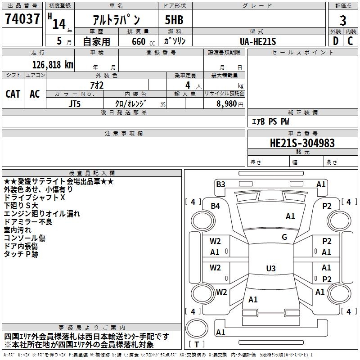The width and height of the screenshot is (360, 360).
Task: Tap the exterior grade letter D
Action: pyautogui.click(x=335, y=40)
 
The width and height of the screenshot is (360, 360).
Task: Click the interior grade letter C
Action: pyautogui.click(x=350, y=40)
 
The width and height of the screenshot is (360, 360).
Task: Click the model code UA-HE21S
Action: pyautogui.click(x=258, y=41)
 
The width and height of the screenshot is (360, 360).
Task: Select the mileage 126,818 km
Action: pyautogui.click(x=53, y=64)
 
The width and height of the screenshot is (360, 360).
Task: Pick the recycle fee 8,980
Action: pyautogui.click(x=227, y=103)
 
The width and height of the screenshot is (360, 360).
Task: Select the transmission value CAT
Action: pyautogui.click(x=13, y=94)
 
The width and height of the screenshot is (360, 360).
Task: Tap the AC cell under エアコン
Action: pyautogui.click(x=35, y=94)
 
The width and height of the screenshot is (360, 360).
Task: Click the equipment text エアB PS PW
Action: pyautogui.click(x=270, y=121)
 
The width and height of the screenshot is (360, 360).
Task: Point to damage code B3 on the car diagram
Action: pyautogui.click(x=220, y=184)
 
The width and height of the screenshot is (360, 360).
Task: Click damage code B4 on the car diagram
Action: pyautogui.click(x=216, y=206)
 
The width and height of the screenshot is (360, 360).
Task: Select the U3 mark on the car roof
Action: pyautogui.click(x=270, y=269)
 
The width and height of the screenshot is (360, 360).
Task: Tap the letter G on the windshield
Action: pyautogui.click(x=284, y=237)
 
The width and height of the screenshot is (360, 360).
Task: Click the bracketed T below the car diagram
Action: pyautogui.click(x=197, y=344)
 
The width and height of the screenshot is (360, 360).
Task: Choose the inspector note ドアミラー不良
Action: pyautogui.click(x=28, y=221)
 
